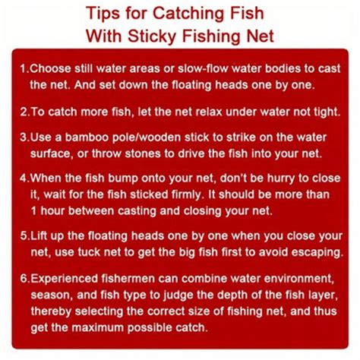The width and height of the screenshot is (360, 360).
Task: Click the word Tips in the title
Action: pos(103,14)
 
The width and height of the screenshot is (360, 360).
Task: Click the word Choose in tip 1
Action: pos(50,69)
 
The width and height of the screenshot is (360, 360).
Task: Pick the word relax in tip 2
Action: pos(209,112)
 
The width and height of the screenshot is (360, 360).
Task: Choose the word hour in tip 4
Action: pos(52,211)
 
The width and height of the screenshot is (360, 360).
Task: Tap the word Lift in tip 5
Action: pos(39,236)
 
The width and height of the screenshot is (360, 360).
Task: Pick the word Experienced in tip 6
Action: pos(65,279)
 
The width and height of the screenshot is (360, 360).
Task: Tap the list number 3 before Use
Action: pos(24,137)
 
